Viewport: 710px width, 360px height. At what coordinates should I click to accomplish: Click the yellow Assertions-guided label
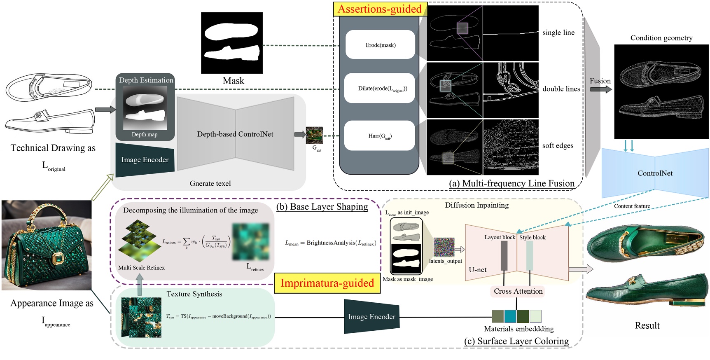[380, 9]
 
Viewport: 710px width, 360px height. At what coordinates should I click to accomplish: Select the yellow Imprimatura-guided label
[327, 283]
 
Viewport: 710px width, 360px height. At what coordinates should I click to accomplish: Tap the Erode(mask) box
[380, 45]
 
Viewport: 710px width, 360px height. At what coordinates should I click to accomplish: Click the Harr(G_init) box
[379, 136]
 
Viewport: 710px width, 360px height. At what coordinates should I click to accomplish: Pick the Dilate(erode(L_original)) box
[379, 88]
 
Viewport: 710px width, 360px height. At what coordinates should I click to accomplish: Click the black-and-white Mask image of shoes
[232, 43]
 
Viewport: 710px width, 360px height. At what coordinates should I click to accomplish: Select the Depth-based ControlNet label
[235, 134]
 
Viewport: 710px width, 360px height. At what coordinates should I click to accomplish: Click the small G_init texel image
[314, 135]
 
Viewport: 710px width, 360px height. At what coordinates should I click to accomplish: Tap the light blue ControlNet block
[655, 173]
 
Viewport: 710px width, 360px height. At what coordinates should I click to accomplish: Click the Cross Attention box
[518, 291]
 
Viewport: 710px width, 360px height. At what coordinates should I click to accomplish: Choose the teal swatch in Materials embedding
[510, 316]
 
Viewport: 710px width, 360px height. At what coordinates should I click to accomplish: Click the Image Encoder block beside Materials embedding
[371, 316]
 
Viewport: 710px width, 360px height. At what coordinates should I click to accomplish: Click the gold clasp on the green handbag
[57, 259]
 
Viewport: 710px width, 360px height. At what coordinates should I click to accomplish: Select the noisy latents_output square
[444, 248]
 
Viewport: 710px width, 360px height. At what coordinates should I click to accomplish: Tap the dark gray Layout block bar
[504, 255]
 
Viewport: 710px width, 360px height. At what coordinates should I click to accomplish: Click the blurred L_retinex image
[250, 241]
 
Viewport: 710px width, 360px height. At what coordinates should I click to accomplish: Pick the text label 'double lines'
[561, 89]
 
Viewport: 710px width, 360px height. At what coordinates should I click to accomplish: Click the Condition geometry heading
[661, 38]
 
